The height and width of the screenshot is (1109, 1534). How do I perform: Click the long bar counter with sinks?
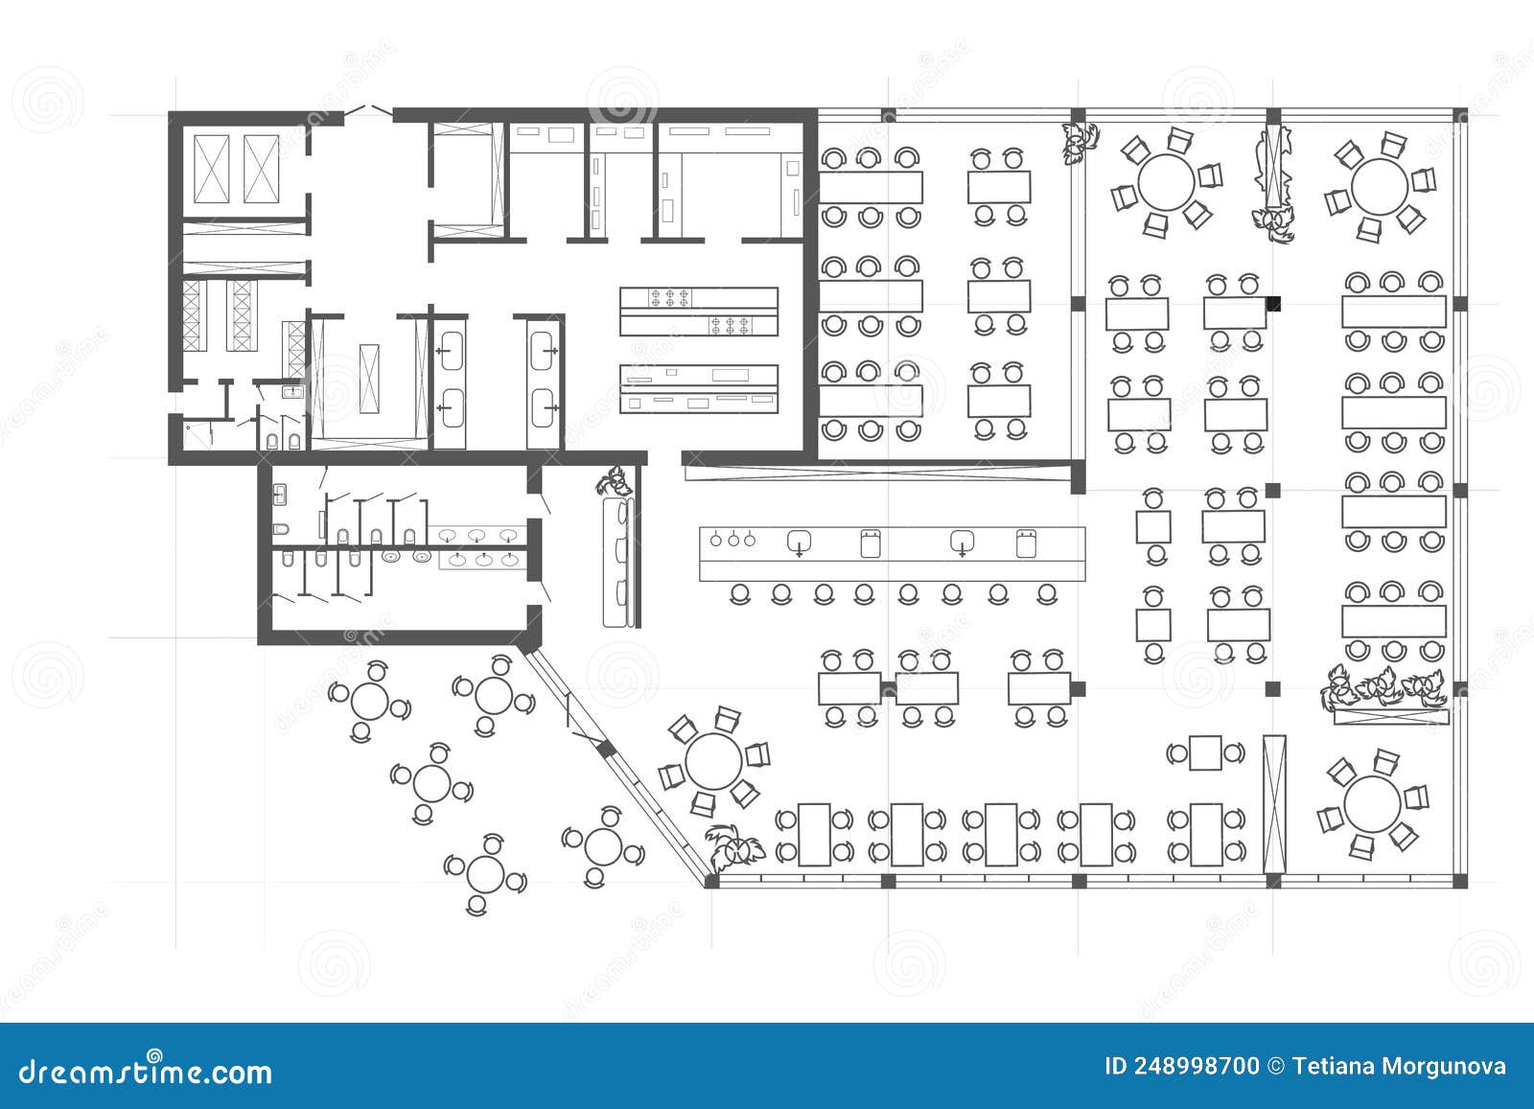892,553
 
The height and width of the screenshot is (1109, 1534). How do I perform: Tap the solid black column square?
1273,305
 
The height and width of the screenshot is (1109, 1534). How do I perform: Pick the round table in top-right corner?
1380,187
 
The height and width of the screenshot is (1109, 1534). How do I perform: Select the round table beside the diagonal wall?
713,762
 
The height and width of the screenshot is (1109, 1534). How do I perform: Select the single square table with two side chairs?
1205,752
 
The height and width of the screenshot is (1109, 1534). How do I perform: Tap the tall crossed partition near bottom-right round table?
1273,803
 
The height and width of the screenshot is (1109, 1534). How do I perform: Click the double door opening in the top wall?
368,112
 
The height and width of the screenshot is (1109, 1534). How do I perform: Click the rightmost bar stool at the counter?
1047,594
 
